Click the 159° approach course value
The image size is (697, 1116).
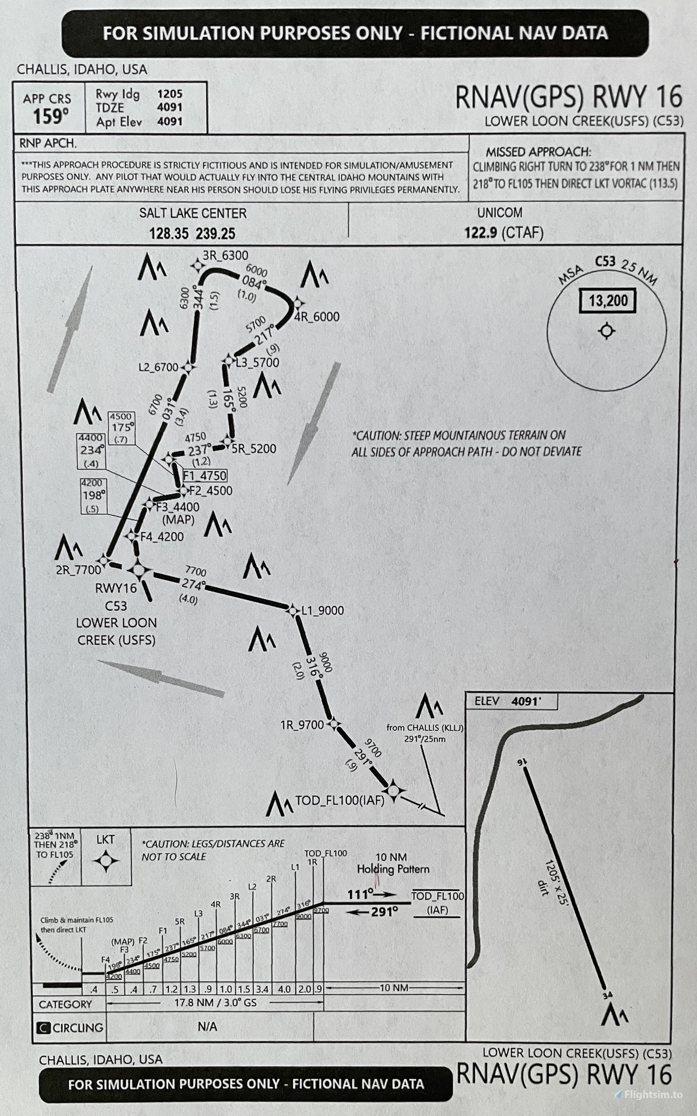pos(50,116)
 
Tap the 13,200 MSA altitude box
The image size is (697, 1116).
pos(608,301)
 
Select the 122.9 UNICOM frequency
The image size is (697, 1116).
pos(480,232)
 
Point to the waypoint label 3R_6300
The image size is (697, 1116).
pos(225,256)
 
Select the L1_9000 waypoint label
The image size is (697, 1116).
pos(323,610)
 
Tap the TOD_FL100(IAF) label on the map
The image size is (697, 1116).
pos(340,800)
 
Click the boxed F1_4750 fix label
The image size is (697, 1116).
pos(205,476)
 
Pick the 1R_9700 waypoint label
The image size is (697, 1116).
pos(302,725)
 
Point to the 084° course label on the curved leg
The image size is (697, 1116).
pos(254,283)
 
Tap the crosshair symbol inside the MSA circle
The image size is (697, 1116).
pos(606,331)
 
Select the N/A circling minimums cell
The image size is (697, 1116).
pos(207,1026)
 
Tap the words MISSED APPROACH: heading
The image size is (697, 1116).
pos(538,152)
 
